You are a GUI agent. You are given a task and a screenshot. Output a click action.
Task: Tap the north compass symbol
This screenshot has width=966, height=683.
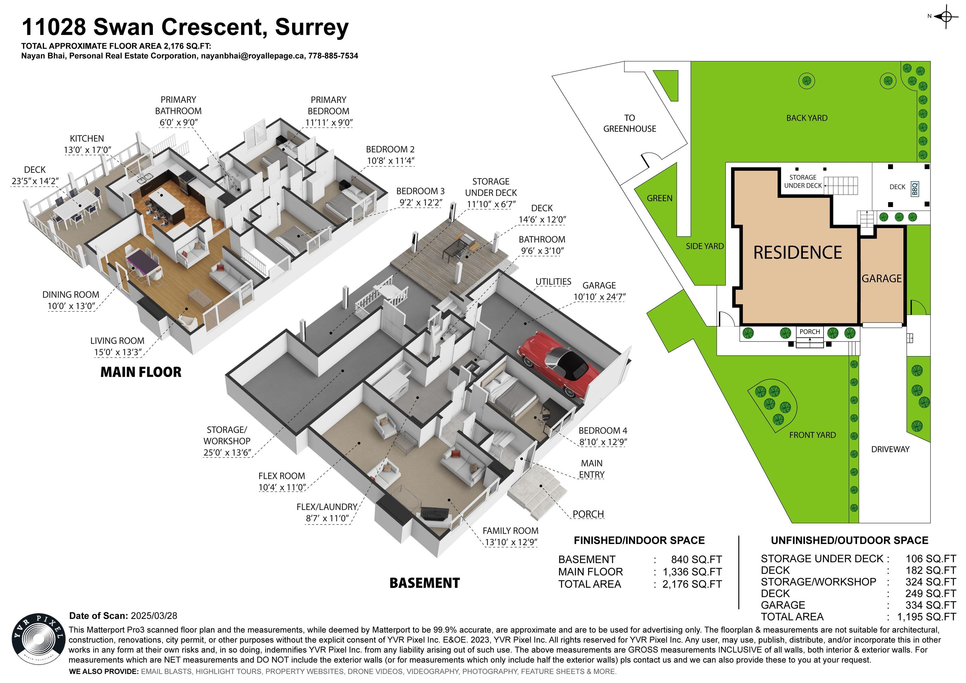click(946, 17)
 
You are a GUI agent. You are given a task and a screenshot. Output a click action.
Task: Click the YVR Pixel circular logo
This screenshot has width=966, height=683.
click(38, 639)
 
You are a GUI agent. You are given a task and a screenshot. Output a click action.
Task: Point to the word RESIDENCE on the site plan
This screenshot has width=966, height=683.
click(797, 253)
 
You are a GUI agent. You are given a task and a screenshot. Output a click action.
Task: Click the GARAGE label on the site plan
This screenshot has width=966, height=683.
click(881, 279)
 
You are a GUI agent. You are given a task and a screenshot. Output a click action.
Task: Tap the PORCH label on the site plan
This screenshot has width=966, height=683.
click(809, 332)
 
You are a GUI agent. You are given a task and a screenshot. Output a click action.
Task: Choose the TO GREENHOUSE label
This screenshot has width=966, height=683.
click(630, 123)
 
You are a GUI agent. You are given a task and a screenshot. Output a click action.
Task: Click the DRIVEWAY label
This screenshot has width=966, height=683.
click(890, 449)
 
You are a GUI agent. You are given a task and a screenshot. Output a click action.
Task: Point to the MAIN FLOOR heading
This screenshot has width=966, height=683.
click(141, 372)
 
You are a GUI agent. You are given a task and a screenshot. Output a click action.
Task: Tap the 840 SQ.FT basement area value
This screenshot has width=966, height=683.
click(696, 560)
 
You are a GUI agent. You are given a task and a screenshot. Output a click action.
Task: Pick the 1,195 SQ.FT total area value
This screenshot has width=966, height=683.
click(926, 617)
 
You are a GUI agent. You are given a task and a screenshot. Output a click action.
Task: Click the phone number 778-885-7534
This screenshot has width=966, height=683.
click(333, 56)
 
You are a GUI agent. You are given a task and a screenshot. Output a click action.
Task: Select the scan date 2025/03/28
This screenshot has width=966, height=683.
click(154, 616)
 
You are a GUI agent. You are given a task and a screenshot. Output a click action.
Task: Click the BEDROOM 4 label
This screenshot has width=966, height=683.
click(602, 430)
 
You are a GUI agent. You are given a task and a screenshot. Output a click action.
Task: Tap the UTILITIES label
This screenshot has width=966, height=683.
click(553, 281)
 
